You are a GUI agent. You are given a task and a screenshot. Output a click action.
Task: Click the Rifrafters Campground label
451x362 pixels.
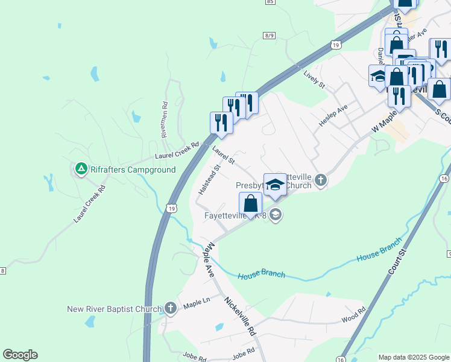pyautogui.click(x=133, y=170)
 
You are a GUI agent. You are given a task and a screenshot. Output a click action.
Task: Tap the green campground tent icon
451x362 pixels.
pyautogui.click(x=81, y=169)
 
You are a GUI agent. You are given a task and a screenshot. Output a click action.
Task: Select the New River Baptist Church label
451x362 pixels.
pyautogui.click(x=114, y=310)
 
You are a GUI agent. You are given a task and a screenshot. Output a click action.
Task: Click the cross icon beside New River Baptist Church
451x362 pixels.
pyautogui.click(x=171, y=309)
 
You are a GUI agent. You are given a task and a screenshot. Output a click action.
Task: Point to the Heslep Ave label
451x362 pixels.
pyautogui.click(x=333, y=118)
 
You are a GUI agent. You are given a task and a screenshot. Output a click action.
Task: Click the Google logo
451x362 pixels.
pyautogui.click(x=20, y=355)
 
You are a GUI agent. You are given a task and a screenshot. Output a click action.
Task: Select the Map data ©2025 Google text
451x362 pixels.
pyautogui.click(x=414, y=357)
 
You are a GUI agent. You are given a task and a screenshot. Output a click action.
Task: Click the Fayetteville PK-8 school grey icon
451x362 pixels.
pyautogui.click(x=276, y=214)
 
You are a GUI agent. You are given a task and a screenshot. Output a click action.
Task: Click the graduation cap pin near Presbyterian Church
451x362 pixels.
pyautogui.click(x=275, y=186)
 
